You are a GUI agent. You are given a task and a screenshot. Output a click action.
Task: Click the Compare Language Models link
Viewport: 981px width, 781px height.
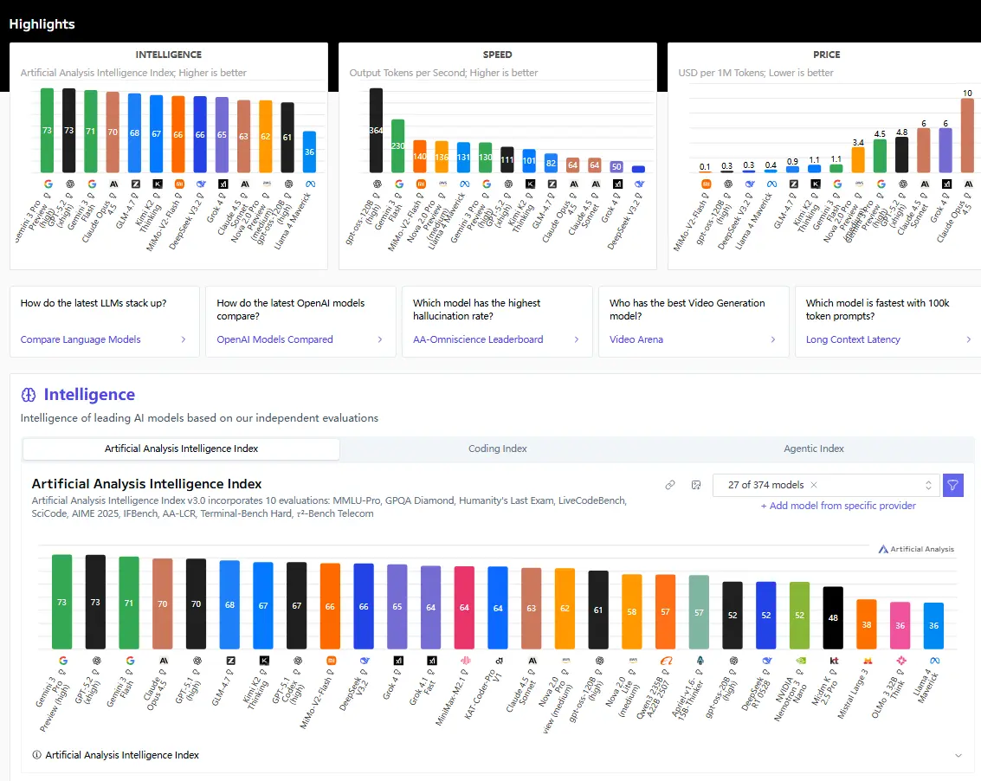(x=81, y=339)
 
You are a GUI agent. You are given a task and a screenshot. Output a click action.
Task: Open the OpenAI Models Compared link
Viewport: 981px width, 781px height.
(x=274, y=339)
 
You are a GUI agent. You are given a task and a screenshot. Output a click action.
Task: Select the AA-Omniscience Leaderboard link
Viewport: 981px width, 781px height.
(x=478, y=339)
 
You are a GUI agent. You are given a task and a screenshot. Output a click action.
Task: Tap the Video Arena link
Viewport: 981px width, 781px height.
(x=636, y=339)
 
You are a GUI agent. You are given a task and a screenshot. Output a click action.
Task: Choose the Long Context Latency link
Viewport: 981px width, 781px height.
(x=853, y=339)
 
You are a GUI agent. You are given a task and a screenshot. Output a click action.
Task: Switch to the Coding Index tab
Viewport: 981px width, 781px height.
(x=498, y=449)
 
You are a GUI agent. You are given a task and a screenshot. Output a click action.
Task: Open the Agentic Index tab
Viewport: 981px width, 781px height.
(x=814, y=449)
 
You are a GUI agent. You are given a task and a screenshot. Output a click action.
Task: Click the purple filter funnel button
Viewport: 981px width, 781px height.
(x=952, y=485)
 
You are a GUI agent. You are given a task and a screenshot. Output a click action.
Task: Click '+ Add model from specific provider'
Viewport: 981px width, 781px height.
(x=837, y=506)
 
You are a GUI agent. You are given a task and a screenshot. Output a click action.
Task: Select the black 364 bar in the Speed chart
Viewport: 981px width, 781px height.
(x=376, y=130)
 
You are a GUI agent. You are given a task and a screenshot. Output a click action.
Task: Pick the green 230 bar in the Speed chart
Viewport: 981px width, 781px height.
(x=397, y=145)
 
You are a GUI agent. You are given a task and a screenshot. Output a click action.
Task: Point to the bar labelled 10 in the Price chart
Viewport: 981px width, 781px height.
(x=967, y=135)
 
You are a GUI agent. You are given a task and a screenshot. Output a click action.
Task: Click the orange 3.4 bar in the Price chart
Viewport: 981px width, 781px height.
(x=858, y=159)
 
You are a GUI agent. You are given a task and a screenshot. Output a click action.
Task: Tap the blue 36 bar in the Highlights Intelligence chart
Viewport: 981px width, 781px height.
(x=309, y=152)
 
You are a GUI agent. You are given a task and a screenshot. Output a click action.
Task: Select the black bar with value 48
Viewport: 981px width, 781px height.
(x=833, y=617)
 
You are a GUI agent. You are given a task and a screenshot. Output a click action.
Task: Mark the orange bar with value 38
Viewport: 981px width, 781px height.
(x=866, y=623)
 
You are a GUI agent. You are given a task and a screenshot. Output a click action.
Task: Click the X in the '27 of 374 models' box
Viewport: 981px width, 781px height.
(x=814, y=485)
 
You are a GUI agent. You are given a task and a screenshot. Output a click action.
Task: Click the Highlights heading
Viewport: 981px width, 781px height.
(x=42, y=24)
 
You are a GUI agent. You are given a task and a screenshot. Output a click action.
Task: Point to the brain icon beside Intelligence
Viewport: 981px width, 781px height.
(x=29, y=395)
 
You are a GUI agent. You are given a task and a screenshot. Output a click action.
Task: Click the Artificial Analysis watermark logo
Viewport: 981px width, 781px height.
(x=915, y=549)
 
